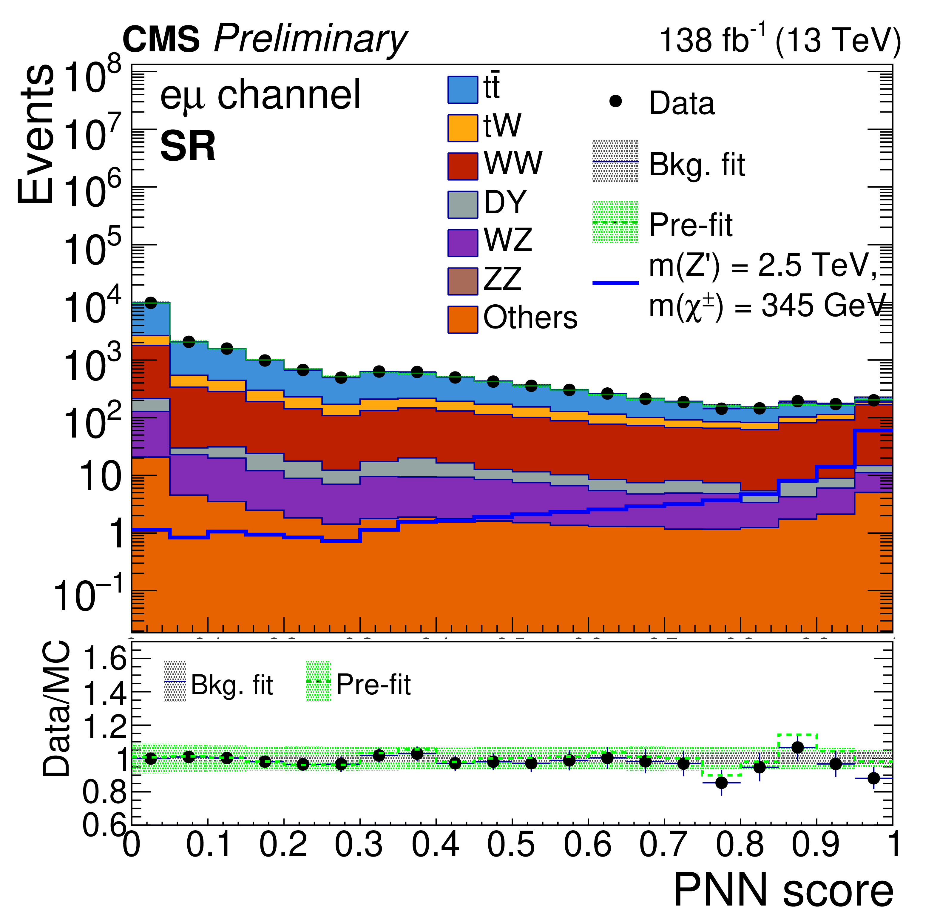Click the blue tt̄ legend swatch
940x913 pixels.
click(462, 90)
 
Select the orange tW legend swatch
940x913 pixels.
click(462, 128)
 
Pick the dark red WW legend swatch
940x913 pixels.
click(462, 167)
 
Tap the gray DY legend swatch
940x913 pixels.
click(462, 205)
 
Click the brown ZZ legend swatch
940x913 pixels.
click(462, 281)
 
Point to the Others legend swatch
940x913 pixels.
click(462, 320)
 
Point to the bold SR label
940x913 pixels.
click(188, 147)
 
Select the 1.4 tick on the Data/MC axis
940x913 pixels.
click(104, 693)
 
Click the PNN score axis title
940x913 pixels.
click(783, 892)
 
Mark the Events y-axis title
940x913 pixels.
click(36, 134)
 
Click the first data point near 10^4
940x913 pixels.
click(151, 303)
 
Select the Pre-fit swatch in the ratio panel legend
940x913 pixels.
click(318, 682)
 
